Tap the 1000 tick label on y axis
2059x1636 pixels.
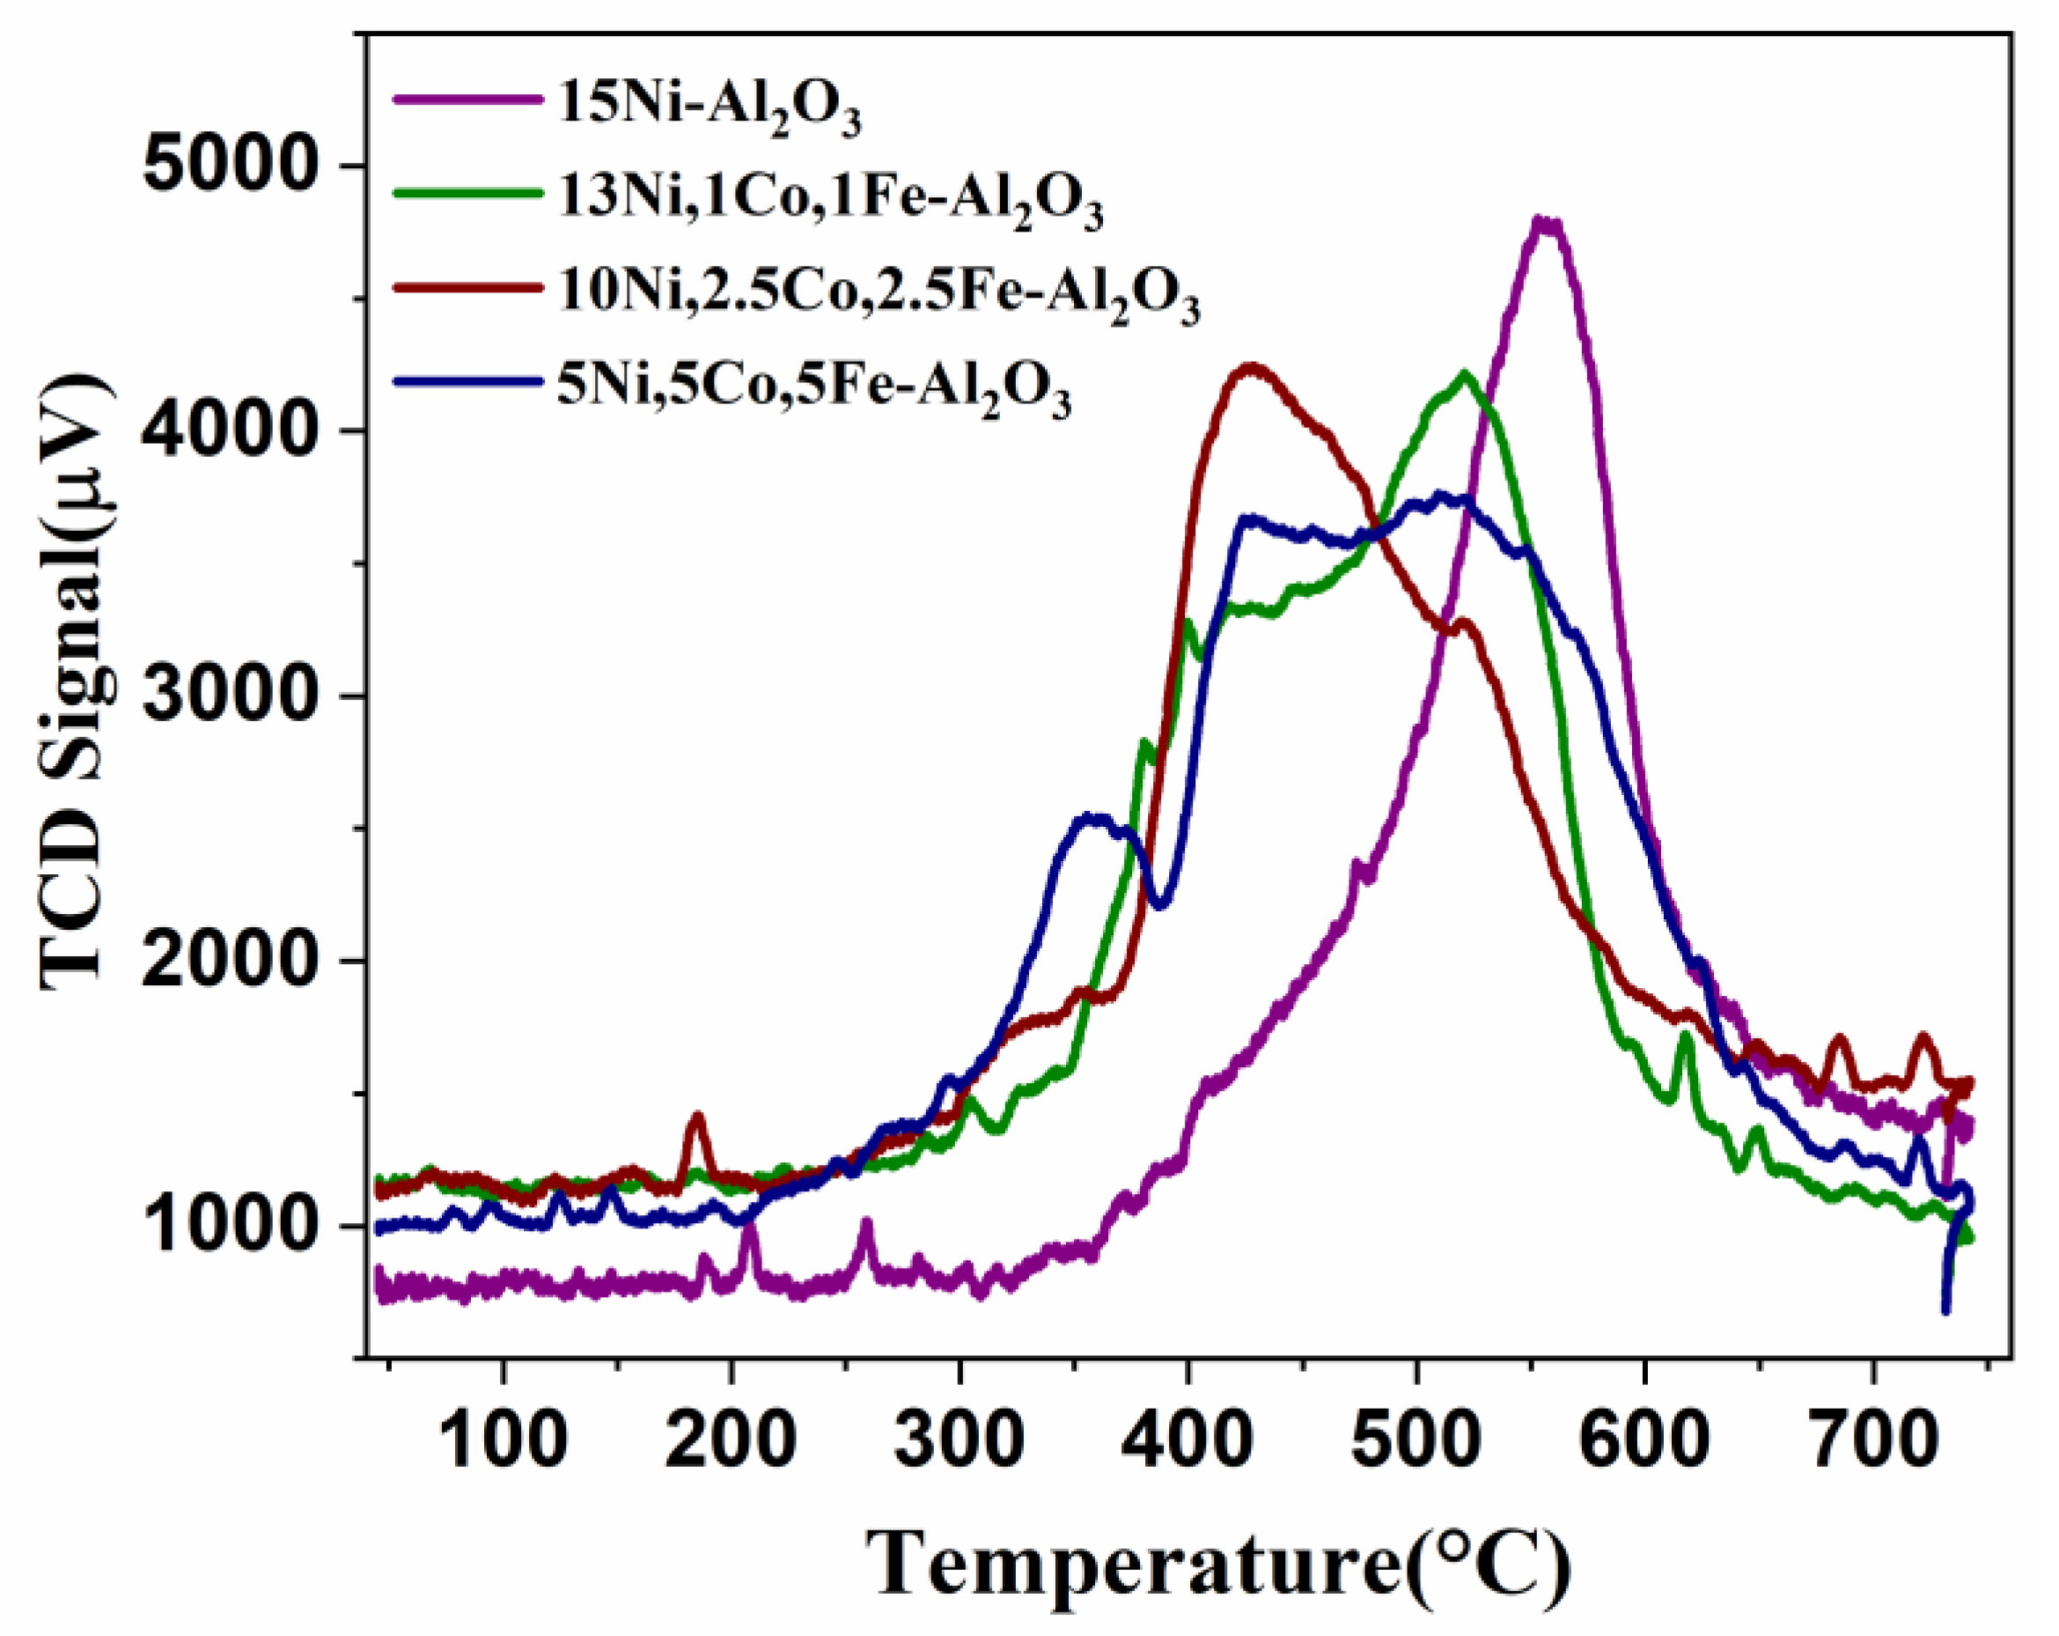[228, 1228]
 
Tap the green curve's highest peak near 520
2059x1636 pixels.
[1464, 375]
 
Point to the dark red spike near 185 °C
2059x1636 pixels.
[697, 1117]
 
